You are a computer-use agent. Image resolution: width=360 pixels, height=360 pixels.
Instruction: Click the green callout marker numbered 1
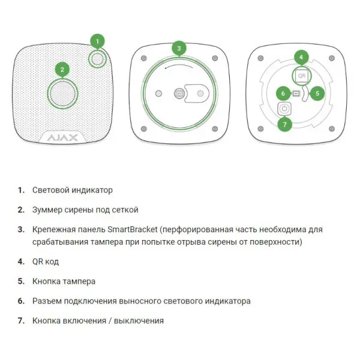click(x=97, y=41)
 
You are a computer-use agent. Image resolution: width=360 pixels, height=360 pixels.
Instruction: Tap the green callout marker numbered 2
click(x=62, y=70)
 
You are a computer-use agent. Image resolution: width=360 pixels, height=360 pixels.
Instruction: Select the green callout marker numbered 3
click(x=179, y=48)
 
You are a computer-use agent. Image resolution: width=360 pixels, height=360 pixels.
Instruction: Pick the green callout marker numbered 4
click(x=301, y=57)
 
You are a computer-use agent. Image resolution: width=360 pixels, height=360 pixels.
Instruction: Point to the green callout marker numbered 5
click(x=317, y=93)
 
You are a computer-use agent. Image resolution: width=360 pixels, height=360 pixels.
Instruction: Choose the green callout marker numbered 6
click(x=283, y=93)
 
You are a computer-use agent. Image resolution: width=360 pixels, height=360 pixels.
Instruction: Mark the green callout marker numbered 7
click(x=284, y=124)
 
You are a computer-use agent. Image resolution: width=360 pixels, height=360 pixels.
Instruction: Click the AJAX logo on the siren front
click(x=62, y=138)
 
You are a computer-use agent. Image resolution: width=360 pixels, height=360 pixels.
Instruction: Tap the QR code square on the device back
click(x=301, y=76)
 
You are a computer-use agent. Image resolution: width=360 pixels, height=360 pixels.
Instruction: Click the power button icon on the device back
click(x=284, y=109)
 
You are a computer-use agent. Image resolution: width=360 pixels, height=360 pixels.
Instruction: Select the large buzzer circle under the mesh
click(x=62, y=94)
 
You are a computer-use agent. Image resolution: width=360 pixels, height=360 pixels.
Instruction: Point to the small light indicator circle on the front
click(x=97, y=59)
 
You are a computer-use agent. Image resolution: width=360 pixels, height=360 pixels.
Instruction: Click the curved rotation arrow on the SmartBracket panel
click(x=179, y=65)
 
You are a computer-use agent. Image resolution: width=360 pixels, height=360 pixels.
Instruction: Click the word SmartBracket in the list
click(x=133, y=229)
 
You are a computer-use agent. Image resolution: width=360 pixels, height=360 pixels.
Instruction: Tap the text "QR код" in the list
click(x=46, y=262)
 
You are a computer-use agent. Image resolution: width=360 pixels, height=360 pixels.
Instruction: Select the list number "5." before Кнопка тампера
click(x=21, y=281)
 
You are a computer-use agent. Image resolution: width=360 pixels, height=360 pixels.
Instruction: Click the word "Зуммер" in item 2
click(x=47, y=210)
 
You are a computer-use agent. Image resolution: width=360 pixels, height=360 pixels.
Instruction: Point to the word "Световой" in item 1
click(x=50, y=190)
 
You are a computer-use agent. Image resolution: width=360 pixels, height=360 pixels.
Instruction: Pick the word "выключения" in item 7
click(x=139, y=321)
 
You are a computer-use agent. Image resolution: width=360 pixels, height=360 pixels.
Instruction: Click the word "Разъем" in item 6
click(x=47, y=301)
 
